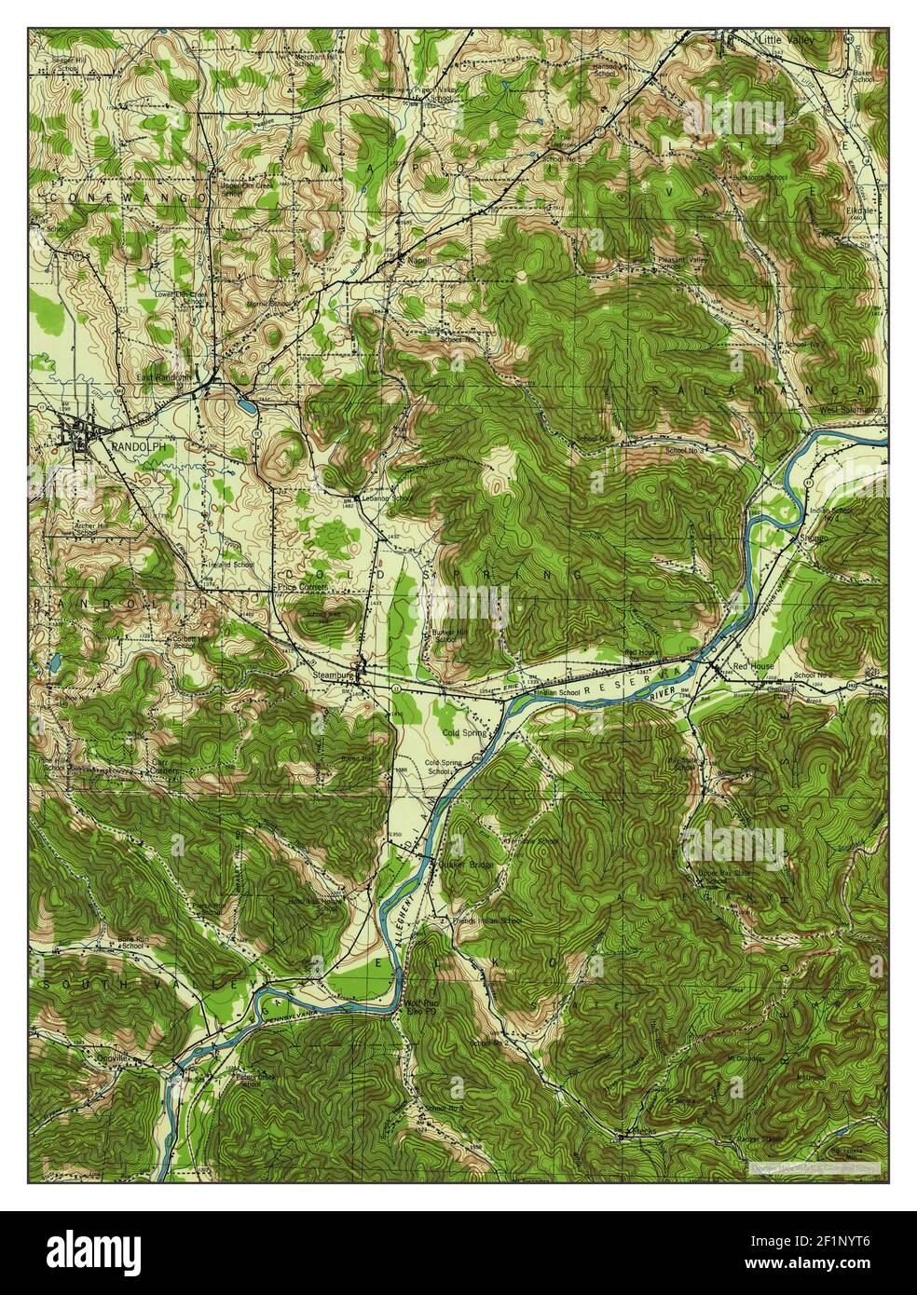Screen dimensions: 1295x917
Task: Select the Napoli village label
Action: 417,260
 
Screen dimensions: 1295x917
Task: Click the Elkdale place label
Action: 855,211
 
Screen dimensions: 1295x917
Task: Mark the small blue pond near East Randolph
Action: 245,406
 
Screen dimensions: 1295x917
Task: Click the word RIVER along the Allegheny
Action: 664,695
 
